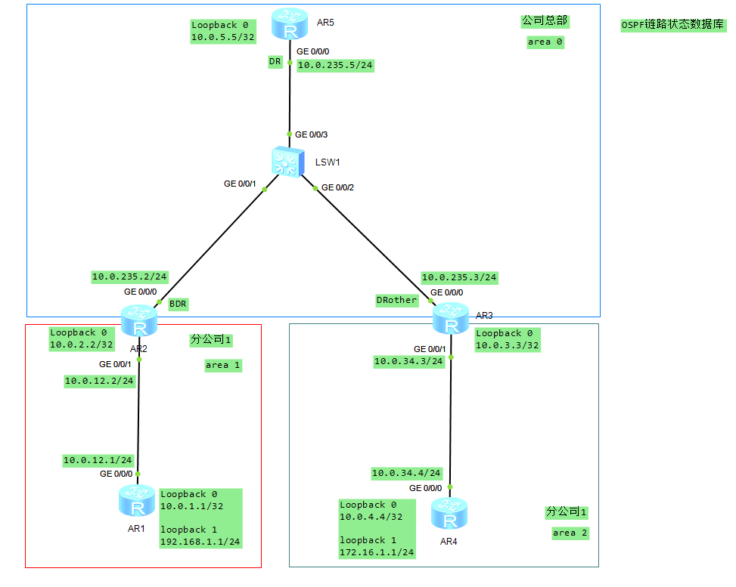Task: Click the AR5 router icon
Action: point(290,25)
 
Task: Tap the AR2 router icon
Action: point(138,321)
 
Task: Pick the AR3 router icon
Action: point(451,318)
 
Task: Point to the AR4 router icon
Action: point(449,514)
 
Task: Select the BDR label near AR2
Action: point(178,304)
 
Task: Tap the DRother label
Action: point(396,300)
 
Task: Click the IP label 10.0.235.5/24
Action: point(335,65)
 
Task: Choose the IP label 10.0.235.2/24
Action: point(129,277)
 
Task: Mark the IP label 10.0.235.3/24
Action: point(459,277)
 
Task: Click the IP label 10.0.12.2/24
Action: point(99,381)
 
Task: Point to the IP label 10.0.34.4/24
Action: point(406,473)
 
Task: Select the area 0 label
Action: point(545,42)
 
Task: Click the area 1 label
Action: point(222,365)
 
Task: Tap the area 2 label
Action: point(570,533)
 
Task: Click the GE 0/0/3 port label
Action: point(311,134)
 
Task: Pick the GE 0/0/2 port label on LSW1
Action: point(337,187)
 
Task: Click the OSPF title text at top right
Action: point(672,25)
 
